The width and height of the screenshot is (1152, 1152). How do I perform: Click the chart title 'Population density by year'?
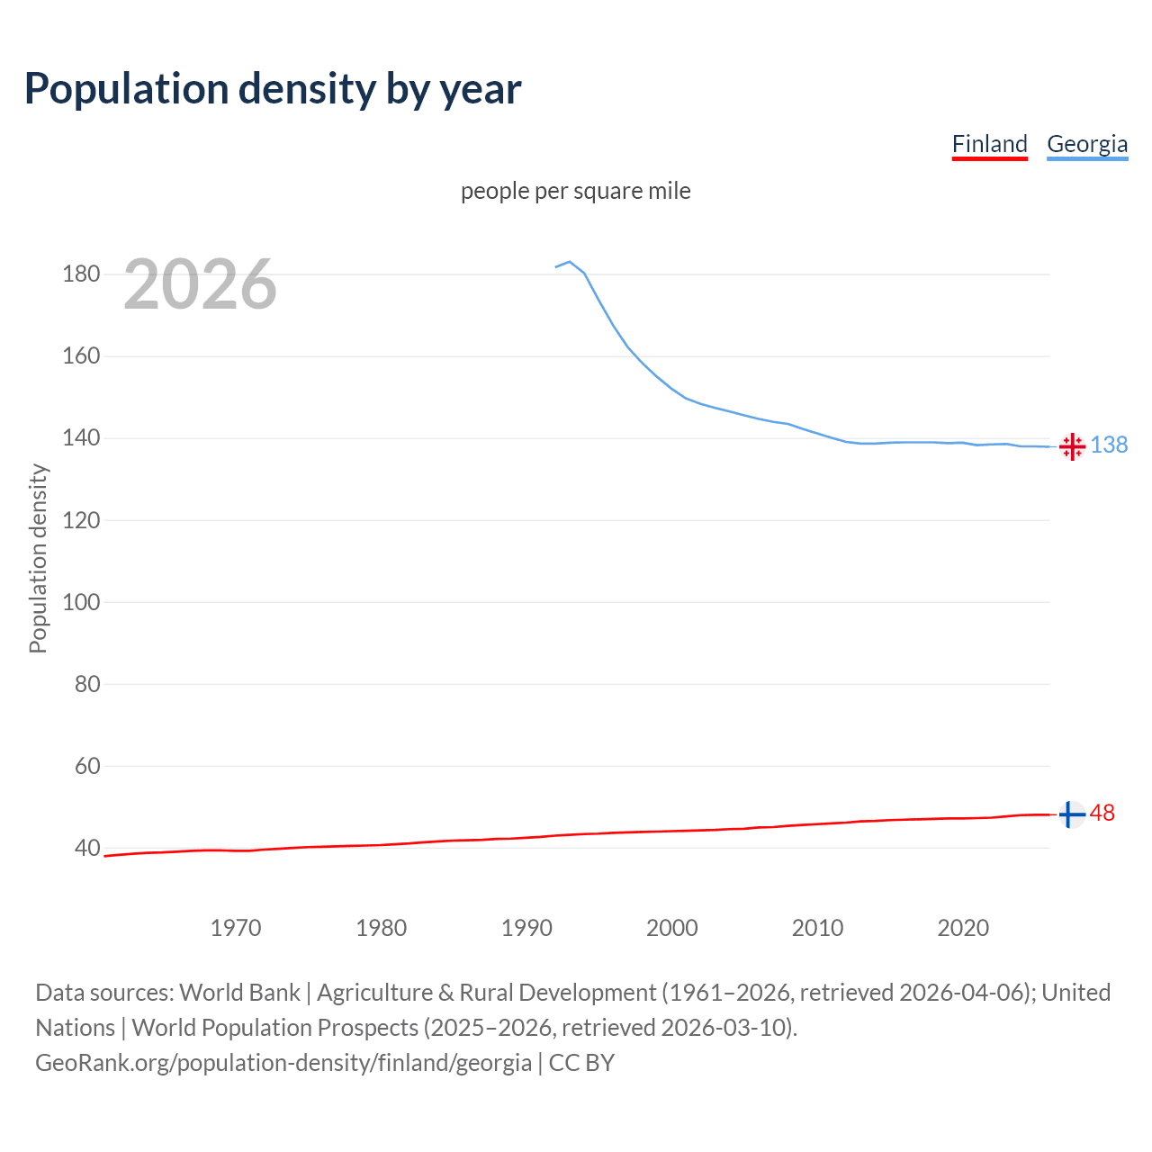(273, 89)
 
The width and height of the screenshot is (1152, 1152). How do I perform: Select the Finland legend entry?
(989, 144)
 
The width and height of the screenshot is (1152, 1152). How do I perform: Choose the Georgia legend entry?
(1086, 144)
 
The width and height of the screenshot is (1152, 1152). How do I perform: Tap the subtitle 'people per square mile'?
(575, 192)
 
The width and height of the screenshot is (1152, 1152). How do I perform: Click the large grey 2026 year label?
(200, 284)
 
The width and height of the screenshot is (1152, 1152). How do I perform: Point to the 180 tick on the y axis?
(81, 274)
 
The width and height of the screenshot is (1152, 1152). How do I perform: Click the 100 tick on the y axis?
(81, 602)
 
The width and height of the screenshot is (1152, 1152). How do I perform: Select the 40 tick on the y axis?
(86, 848)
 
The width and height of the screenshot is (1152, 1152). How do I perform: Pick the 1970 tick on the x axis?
(236, 928)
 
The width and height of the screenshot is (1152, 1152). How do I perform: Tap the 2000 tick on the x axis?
(671, 928)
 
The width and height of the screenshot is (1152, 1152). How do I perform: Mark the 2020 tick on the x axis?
(963, 928)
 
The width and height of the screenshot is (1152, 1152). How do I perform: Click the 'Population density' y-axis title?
(38, 558)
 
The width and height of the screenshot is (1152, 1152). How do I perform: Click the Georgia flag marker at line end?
(1072, 446)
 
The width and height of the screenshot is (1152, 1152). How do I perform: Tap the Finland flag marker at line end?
(1071, 814)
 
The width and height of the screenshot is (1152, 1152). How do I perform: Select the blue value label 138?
(1109, 445)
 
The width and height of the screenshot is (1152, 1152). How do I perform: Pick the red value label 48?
(1102, 814)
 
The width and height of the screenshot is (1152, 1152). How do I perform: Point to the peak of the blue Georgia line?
(570, 262)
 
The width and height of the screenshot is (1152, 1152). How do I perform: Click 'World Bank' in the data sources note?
(239, 993)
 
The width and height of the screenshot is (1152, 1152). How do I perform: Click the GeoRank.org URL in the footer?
(283, 1063)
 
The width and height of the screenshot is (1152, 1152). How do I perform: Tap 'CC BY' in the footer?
(581, 1063)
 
